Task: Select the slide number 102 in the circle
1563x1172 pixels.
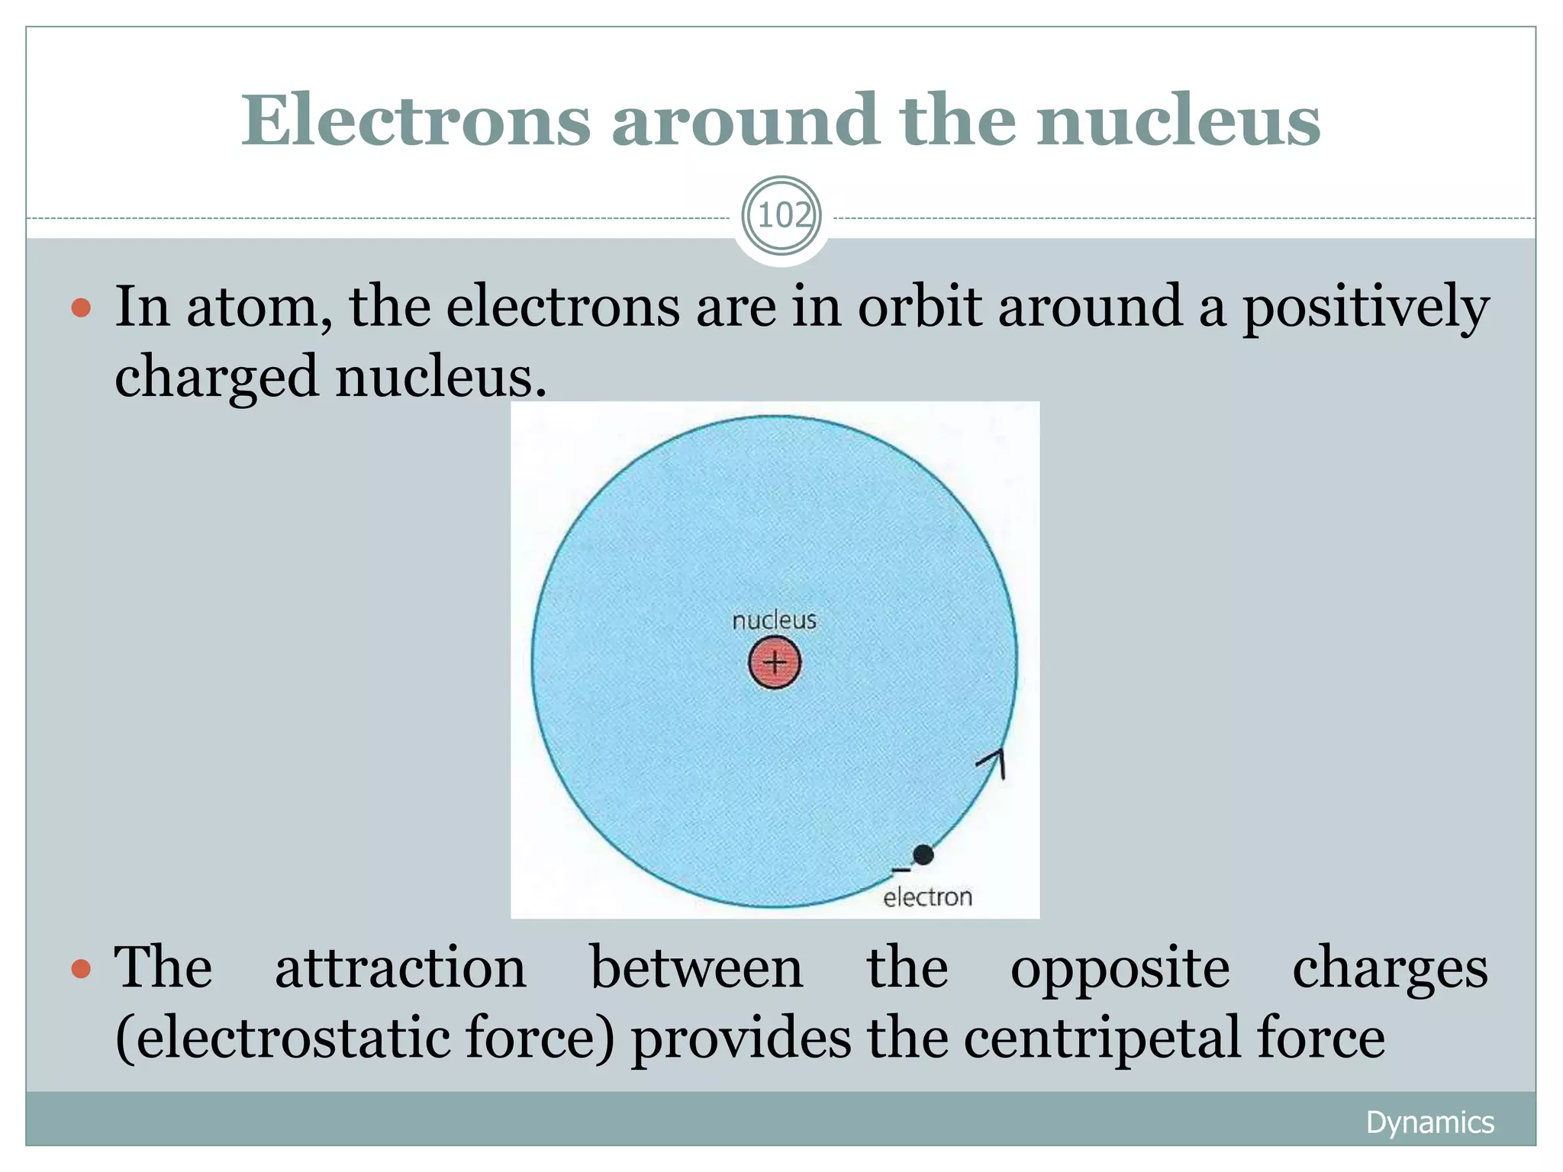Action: pyautogui.click(x=781, y=216)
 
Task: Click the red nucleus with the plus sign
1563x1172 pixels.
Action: pyautogui.click(x=774, y=662)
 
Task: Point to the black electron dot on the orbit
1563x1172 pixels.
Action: pyautogui.click(x=923, y=855)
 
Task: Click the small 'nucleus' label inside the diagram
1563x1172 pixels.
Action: pyautogui.click(x=774, y=620)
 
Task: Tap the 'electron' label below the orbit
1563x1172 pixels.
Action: pyautogui.click(x=927, y=897)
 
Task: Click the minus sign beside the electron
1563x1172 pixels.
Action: pyautogui.click(x=901, y=869)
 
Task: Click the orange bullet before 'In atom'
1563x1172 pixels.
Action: pyautogui.click(x=81, y=308)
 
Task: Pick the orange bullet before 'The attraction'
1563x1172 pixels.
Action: pyautogui.click(x=81, y=969)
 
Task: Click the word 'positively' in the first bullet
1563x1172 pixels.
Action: pyautogui.click(x=1365, y=307)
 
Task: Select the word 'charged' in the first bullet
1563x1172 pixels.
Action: pyautogui.click(x=216, y=377)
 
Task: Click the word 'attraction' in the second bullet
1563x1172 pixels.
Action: pyautogui.click(x=400, y=968)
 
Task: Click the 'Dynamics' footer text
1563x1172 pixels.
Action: pyautogui.click(x=1429, y=1122)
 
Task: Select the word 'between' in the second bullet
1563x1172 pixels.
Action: pyautogui.click(x=696, y=968)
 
